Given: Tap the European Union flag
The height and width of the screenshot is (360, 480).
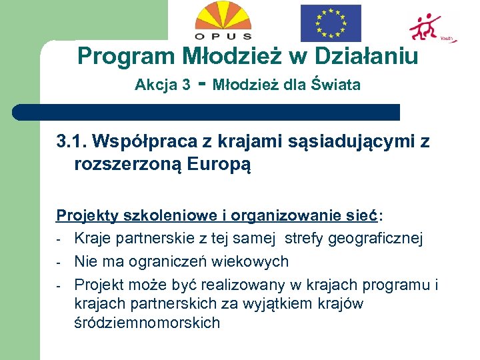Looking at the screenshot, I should pos(331,23).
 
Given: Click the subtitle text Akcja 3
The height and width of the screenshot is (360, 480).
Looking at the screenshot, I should pos(162,85).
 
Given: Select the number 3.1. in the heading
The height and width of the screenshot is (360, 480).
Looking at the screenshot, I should pos(72,141).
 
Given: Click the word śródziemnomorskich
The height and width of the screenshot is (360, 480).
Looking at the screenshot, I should pos(147,323).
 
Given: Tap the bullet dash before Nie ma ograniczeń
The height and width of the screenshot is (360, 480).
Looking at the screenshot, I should pos(59,262).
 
